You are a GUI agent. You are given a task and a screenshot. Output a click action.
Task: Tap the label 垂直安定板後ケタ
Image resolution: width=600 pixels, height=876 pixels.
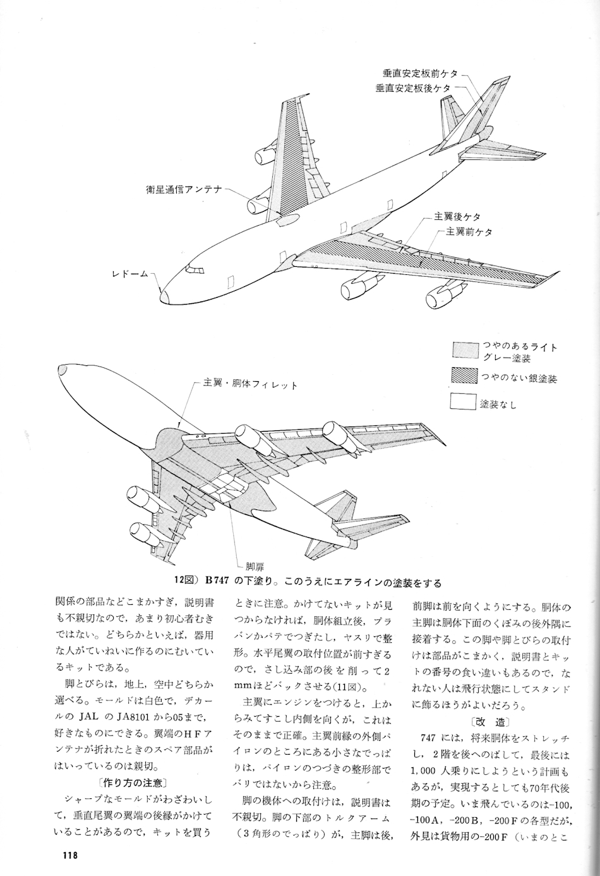tap(413, 88)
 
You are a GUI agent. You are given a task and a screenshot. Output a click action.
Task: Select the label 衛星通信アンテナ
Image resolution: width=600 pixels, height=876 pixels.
tap(183, 188)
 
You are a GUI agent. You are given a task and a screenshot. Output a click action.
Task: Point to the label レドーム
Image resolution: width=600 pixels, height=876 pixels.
tap(130, 274)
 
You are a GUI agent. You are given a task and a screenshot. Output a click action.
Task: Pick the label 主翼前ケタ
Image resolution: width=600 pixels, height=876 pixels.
tap(469, 232)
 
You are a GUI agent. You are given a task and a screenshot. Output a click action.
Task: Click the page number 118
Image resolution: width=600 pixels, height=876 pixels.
tap(69, 856)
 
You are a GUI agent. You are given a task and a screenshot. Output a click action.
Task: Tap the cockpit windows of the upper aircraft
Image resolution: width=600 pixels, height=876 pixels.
tap(195, 271)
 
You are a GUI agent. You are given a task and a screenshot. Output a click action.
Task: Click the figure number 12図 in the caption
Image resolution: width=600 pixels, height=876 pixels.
tap(188, 581)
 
